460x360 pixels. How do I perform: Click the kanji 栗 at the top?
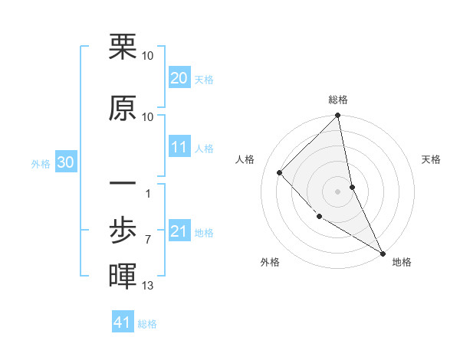point(123,47)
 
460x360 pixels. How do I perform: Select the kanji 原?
point(123,109)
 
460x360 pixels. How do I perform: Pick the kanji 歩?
point(123,227)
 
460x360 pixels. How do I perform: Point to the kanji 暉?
point(123,275)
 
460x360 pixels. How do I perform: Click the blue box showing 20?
point(179,78)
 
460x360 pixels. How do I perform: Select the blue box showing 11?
point(179,147)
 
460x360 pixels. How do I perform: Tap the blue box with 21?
point(179,231)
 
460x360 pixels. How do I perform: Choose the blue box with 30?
point(65,162)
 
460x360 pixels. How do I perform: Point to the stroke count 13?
point(147,286)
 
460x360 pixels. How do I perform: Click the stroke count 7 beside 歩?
point(147,239)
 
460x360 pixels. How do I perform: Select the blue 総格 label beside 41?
point(147,324)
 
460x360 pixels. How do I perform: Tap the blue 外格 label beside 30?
point(41,163)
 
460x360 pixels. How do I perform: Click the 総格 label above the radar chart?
point(338,100)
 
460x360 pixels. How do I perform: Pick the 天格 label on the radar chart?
point(431,159)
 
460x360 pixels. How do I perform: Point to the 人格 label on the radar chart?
point(245,159)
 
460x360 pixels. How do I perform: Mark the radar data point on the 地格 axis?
point(382,252)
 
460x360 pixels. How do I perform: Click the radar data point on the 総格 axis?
point(338,116)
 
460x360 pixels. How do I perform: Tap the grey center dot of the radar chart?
point(338,191)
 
